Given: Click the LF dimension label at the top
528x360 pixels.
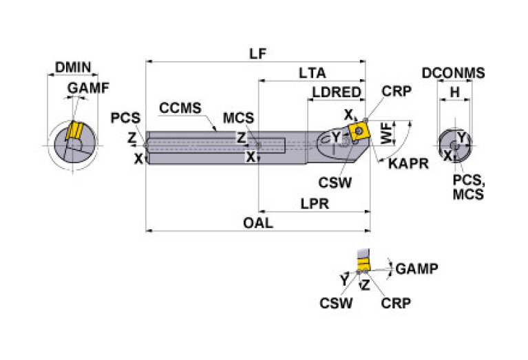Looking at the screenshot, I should point(258,53).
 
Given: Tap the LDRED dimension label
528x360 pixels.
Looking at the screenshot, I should point(336,92).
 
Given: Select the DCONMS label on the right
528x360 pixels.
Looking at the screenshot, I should point(453,73).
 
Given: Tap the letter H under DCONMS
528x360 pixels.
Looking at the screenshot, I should point(454,92).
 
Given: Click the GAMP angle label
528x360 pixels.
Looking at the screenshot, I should point(417,268).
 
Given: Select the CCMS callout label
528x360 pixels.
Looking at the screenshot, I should point(180,108).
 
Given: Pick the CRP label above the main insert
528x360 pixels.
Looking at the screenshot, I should point(396,92).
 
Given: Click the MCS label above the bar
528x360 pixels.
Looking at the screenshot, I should point(238,118).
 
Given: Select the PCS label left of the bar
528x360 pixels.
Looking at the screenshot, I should point(125,118).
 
